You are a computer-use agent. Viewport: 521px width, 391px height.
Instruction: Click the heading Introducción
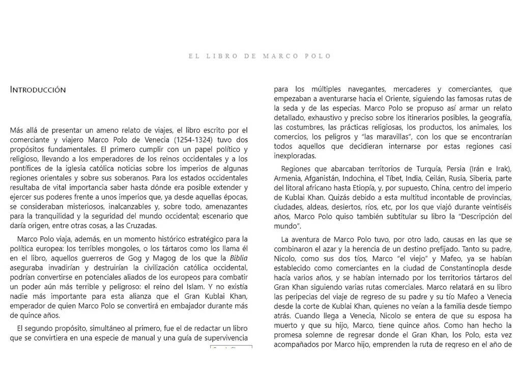point(38,90)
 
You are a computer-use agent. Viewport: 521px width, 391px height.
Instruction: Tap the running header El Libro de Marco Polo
point(260,56)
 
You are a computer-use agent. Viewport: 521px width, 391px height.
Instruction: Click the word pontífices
point(28,169)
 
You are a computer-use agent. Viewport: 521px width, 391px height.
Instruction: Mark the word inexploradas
point(295,156)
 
